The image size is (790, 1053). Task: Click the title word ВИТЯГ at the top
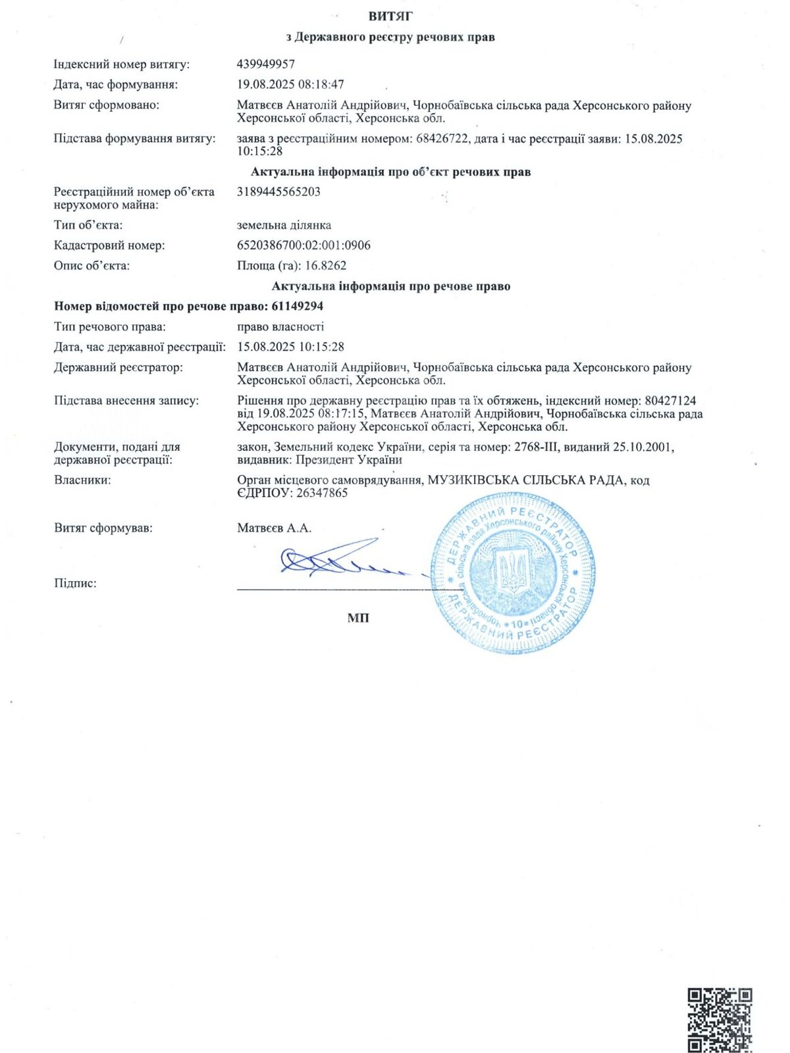coord(390,16)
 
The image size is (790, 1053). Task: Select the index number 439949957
coord(266,64)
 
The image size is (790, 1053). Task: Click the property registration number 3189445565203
coord(278,192)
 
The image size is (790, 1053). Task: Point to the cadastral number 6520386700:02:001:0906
coord(303,245)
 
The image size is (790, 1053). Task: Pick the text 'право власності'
coord(280,326)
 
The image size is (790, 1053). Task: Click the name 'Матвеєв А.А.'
coord(274,528)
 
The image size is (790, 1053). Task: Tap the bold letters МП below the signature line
coord(358,618)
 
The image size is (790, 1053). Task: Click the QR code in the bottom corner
coord(720,1019)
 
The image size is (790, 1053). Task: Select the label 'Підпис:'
coord(75,583)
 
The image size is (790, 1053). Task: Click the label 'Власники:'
coord(82,480)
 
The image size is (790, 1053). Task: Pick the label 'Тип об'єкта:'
coord(88,225)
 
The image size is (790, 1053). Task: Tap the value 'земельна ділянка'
coord(284,225)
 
